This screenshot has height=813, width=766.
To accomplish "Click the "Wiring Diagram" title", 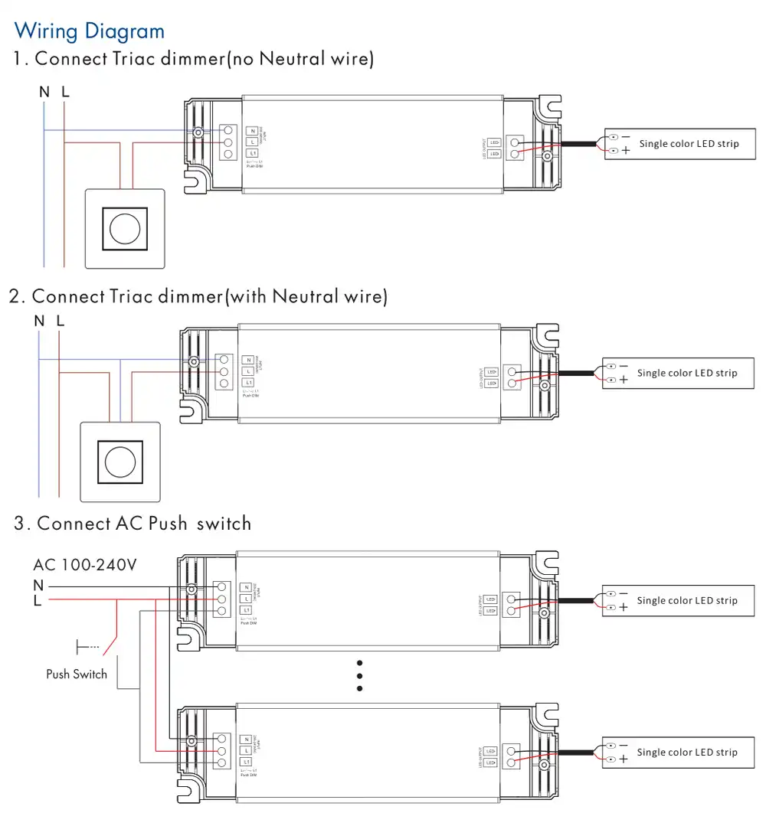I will coord(90,31).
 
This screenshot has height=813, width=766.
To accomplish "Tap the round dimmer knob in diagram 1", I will coord(124,228).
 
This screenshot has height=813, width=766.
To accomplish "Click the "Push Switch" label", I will coord(77,674).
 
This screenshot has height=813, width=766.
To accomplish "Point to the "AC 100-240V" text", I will coord(85,565).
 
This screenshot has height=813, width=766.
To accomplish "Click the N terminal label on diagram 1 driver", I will coord(251,131).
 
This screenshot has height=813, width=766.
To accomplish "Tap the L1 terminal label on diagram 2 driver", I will coord(248,382).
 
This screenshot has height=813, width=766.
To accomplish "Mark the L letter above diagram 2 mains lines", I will coord(61,321).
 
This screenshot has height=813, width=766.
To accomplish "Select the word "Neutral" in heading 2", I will coord(304,295).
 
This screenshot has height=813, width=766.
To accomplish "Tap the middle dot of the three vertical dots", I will coord(359,676).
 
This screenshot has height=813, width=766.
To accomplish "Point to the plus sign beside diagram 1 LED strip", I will coord(626,151).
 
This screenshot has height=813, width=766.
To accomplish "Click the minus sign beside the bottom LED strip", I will coord(623,745).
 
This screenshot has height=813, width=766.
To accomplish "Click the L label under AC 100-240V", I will coord(38,601).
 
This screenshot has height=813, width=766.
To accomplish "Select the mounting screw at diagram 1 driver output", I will coord(547,157).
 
